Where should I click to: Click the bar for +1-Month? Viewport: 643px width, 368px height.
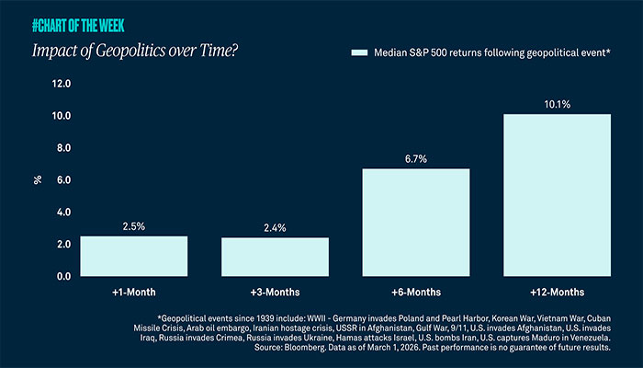[134, 256]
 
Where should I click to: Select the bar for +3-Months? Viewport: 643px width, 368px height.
[275, 257]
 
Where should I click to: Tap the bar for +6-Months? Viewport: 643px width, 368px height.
[416, 222]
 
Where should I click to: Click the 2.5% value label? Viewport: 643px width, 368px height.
[134, 224]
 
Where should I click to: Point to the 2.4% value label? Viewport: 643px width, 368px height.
[275, 226]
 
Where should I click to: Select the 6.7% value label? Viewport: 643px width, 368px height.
[416, 157]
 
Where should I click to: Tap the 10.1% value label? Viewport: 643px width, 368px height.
[558, 104]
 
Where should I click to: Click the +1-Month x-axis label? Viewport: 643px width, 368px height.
[134, 292]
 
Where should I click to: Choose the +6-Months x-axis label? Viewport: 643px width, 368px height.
[416, 292]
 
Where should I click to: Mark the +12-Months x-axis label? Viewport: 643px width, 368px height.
[558, 292]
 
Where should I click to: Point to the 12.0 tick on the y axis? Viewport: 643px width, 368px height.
[62, 84]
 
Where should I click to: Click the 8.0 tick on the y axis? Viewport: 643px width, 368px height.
[63, 148]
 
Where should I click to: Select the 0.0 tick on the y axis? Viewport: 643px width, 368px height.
[63, 276]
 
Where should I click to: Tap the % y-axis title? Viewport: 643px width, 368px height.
[38, 180]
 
